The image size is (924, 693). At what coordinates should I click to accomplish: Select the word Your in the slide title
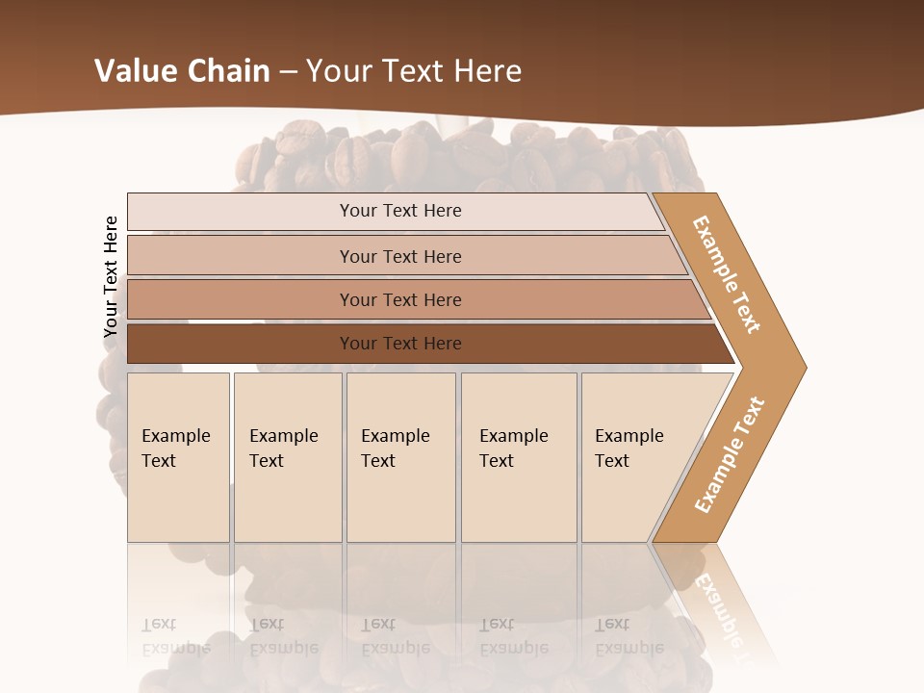[x=336, y=71]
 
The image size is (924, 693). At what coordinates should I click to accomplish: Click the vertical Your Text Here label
[x=111, y=277]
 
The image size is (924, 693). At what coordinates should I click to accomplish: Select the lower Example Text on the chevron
[x=729, y=454]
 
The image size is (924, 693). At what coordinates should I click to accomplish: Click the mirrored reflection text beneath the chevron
[x=717, y=606]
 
